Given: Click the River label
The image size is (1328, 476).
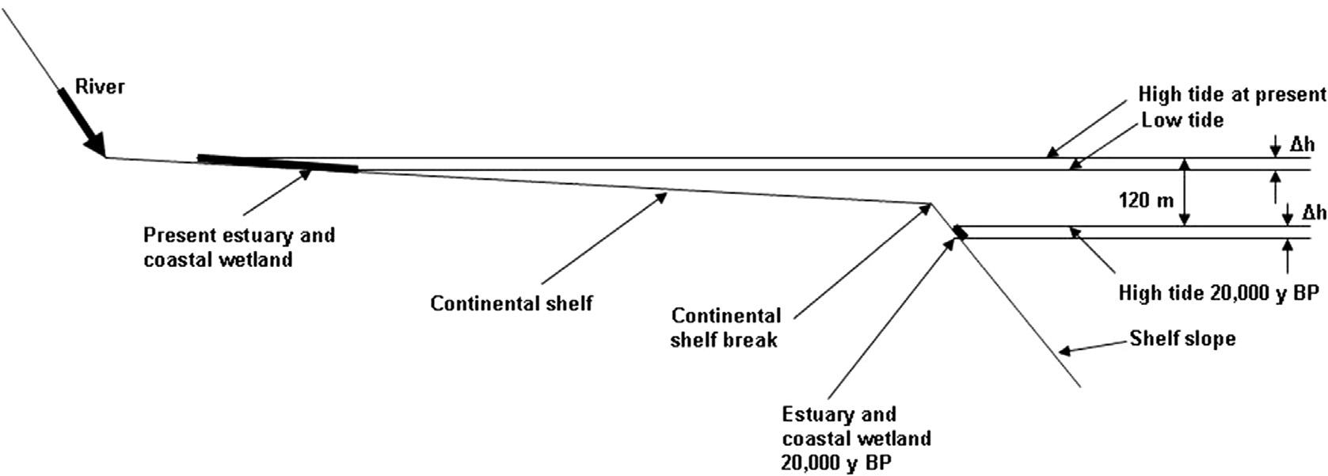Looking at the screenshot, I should [100, 86].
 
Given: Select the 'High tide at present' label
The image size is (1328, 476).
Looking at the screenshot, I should [1231, 94].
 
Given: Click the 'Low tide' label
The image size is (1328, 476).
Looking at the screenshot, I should [1182, 120].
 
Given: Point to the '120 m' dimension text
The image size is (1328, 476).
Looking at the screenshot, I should [1145, 200].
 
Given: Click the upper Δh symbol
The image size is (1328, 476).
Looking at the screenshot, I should [1303, 144].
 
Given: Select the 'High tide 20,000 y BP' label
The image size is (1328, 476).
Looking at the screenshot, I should [1218, 293].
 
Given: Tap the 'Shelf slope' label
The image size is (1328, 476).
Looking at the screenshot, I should [1182, 339].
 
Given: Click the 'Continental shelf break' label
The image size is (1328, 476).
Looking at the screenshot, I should [725, 327].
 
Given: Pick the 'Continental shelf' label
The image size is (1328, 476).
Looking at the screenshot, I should [511, 303].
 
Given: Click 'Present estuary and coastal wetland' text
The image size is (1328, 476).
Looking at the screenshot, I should [238, 247].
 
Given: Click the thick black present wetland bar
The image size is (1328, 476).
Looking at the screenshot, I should [277, 163].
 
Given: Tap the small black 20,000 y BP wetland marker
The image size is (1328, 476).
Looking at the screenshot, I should [960, 232].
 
